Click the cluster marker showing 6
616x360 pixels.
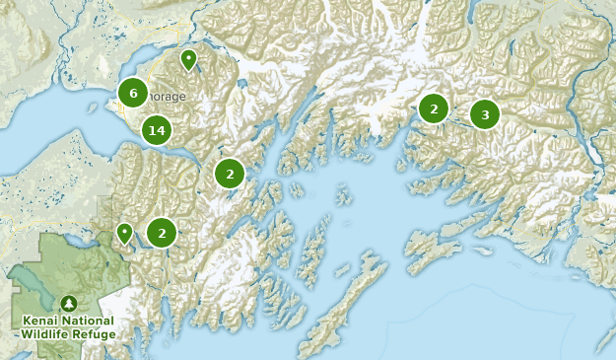coord(133,94)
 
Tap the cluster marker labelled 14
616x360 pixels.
coord(156,130)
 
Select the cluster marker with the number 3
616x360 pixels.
coord(484,115)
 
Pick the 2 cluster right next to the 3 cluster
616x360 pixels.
coord(434,108)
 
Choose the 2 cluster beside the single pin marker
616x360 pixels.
coord(162,233)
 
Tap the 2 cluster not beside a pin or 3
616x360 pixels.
coord(230,174)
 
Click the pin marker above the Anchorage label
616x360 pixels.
coord(188,60)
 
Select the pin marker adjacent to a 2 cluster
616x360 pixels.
coord(124,233)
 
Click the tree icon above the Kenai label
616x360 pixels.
coord(68,303)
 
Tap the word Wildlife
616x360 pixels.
coord(49,334)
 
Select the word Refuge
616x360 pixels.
coord(97,334)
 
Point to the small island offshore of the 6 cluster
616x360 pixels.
coord(110,102)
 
